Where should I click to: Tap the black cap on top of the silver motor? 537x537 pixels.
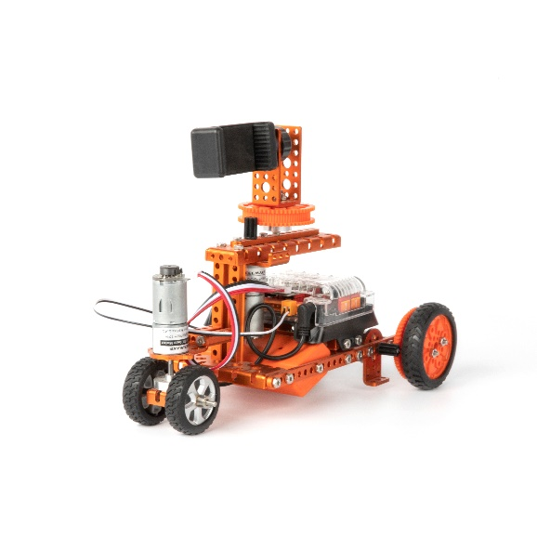click(169, 271)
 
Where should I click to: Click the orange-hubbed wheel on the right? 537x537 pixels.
click(426, 345)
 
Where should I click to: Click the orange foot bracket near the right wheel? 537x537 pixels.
click(375, 376)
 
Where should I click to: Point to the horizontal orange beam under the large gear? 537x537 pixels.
click(279, 243)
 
